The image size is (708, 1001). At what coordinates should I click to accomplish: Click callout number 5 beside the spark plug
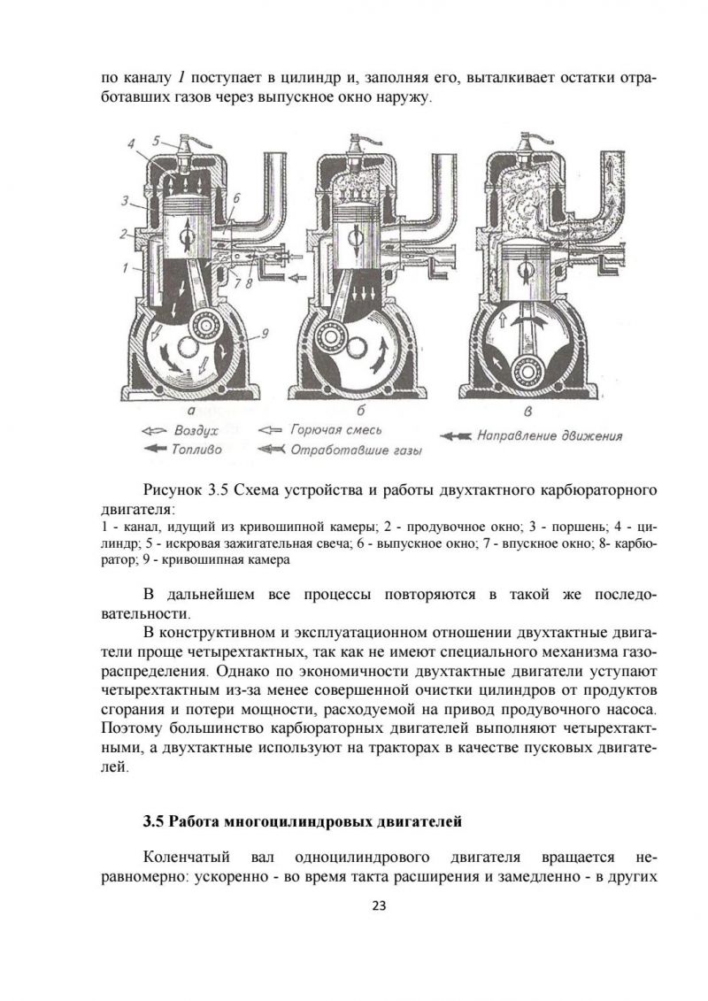155,140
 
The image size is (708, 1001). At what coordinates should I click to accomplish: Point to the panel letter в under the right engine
528,412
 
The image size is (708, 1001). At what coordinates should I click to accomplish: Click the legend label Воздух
196,430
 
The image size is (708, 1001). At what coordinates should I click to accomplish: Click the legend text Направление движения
549,435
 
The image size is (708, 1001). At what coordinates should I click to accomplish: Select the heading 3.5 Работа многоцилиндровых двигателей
303,822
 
